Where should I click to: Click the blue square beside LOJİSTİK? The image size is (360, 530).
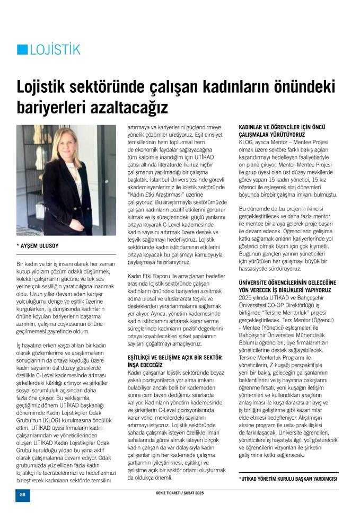point(22,50)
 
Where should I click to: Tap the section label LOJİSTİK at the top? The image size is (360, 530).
point(55,50)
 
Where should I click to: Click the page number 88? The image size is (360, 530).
point(23,494)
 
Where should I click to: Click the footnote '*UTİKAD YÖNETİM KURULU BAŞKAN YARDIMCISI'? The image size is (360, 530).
point(288,479)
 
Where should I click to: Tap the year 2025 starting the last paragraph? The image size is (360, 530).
point(247,298)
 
